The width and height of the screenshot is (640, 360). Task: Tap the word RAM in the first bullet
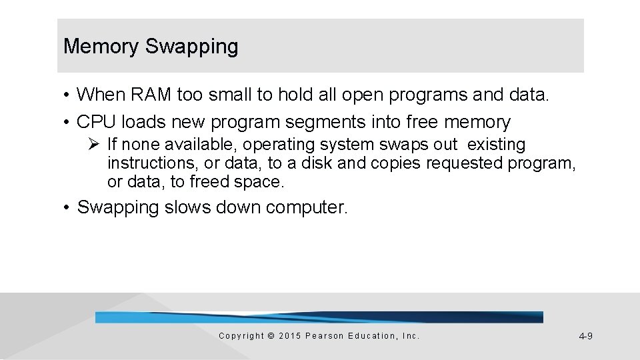click(x=152, y=95)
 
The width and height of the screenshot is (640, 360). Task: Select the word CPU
click(x=97, y=122)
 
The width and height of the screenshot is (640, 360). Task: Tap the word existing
click(x=497, y=145)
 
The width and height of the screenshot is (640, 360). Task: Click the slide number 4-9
click(x=585, y=337)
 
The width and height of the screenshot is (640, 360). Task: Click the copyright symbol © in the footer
click(x=270, y=336)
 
